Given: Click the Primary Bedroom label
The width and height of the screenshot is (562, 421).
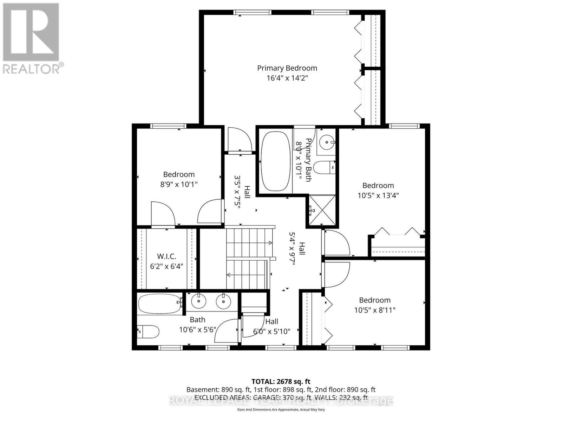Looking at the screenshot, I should click(x=287, y=68).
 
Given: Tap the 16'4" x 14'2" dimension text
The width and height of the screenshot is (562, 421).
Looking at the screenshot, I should click(x=287, y=78).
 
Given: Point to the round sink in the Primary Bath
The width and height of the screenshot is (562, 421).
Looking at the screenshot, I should click(x=327, y=142).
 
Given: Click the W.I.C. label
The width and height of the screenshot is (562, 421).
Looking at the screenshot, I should click(x=166, y=257).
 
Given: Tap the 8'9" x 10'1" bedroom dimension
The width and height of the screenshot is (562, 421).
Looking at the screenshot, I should click(x=179, y=184).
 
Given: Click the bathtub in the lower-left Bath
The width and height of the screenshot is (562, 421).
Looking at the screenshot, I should click(x=159, y=304).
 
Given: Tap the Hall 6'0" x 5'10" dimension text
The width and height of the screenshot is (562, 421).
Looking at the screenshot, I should click(x=272, y=331).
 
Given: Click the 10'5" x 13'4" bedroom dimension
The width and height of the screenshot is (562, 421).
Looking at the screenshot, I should click(x=378, y=195).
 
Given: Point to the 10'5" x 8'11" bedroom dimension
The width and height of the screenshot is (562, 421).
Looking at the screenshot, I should click(x=374, y=310).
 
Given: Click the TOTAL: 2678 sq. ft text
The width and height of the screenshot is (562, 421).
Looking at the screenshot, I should click(x=281, y=381).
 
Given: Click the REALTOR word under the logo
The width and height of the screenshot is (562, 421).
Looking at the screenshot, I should click(x=32, y=68).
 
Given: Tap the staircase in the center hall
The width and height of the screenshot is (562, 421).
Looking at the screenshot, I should click(x=248, y=258).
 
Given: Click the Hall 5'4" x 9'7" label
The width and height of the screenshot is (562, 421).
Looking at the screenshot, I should click(x=297, y=249).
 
